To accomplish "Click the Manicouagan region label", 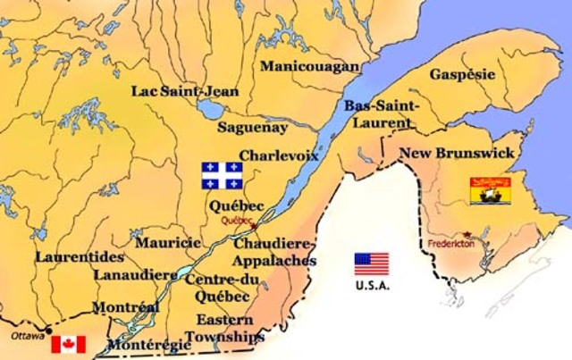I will tap(309, 66).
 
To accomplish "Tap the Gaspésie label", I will tap(462, 74).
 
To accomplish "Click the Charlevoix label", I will tap(279, 155).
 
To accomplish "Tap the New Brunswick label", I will tap(457, 154).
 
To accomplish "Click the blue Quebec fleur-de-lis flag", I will tap(223, 175).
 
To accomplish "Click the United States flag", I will tap(372, 263).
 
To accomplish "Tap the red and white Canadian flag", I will tap(68, 344).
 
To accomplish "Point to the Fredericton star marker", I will tap(466, 233).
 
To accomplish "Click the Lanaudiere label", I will tap(134, 274).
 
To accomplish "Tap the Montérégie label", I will tap(148, 345).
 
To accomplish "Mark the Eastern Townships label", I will tap(231, 328).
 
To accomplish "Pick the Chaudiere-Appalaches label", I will tap(275, 252).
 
